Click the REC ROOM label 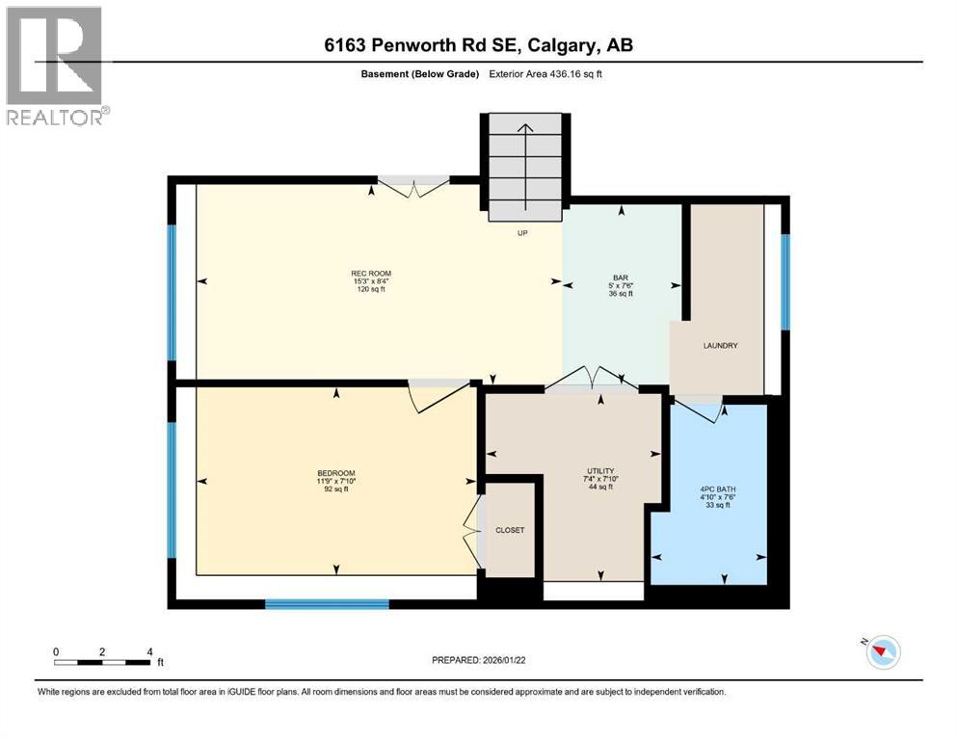(370, 273)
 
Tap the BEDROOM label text (329, 472)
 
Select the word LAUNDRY (720, 345)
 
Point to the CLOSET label (510, 530)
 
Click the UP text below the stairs (522, 232)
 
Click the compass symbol (882, 652)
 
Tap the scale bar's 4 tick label (149, 651)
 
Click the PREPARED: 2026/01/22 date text (478, 660)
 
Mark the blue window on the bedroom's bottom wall (327, 604)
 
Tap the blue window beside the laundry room (784, 280)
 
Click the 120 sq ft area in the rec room (370, 290)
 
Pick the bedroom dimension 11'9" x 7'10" (329, 481)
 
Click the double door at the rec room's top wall (412, 184)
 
